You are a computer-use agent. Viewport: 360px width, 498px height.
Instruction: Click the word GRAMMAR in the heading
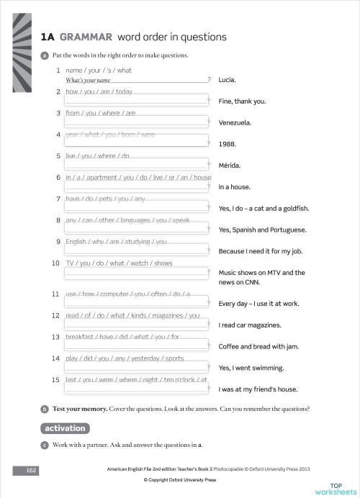click(86, 37)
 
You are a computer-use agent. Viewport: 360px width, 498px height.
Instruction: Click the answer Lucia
click(227, 80)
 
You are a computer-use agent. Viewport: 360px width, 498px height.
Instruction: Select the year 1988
click(226, 143)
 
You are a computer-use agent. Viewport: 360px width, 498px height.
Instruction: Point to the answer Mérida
click(230, 165)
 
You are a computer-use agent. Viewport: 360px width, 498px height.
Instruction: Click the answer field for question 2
click(136, 101)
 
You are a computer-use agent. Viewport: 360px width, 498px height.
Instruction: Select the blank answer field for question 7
click(136, 207)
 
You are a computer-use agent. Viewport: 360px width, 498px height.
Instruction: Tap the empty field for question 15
click(136, 389)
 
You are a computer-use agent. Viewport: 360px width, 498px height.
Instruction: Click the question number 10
click(55, 263)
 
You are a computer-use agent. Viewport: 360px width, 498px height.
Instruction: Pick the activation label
click(65, 428)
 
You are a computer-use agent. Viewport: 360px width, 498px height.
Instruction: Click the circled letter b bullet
click(45, 409)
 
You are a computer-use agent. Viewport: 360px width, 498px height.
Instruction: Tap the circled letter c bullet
click(45, 445)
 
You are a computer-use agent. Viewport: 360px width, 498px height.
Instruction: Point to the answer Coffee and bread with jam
click(258, 346)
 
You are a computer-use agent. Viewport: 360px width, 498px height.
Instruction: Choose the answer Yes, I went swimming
click(251, 368)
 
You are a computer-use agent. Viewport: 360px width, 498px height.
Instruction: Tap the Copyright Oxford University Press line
click(180, 479)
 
